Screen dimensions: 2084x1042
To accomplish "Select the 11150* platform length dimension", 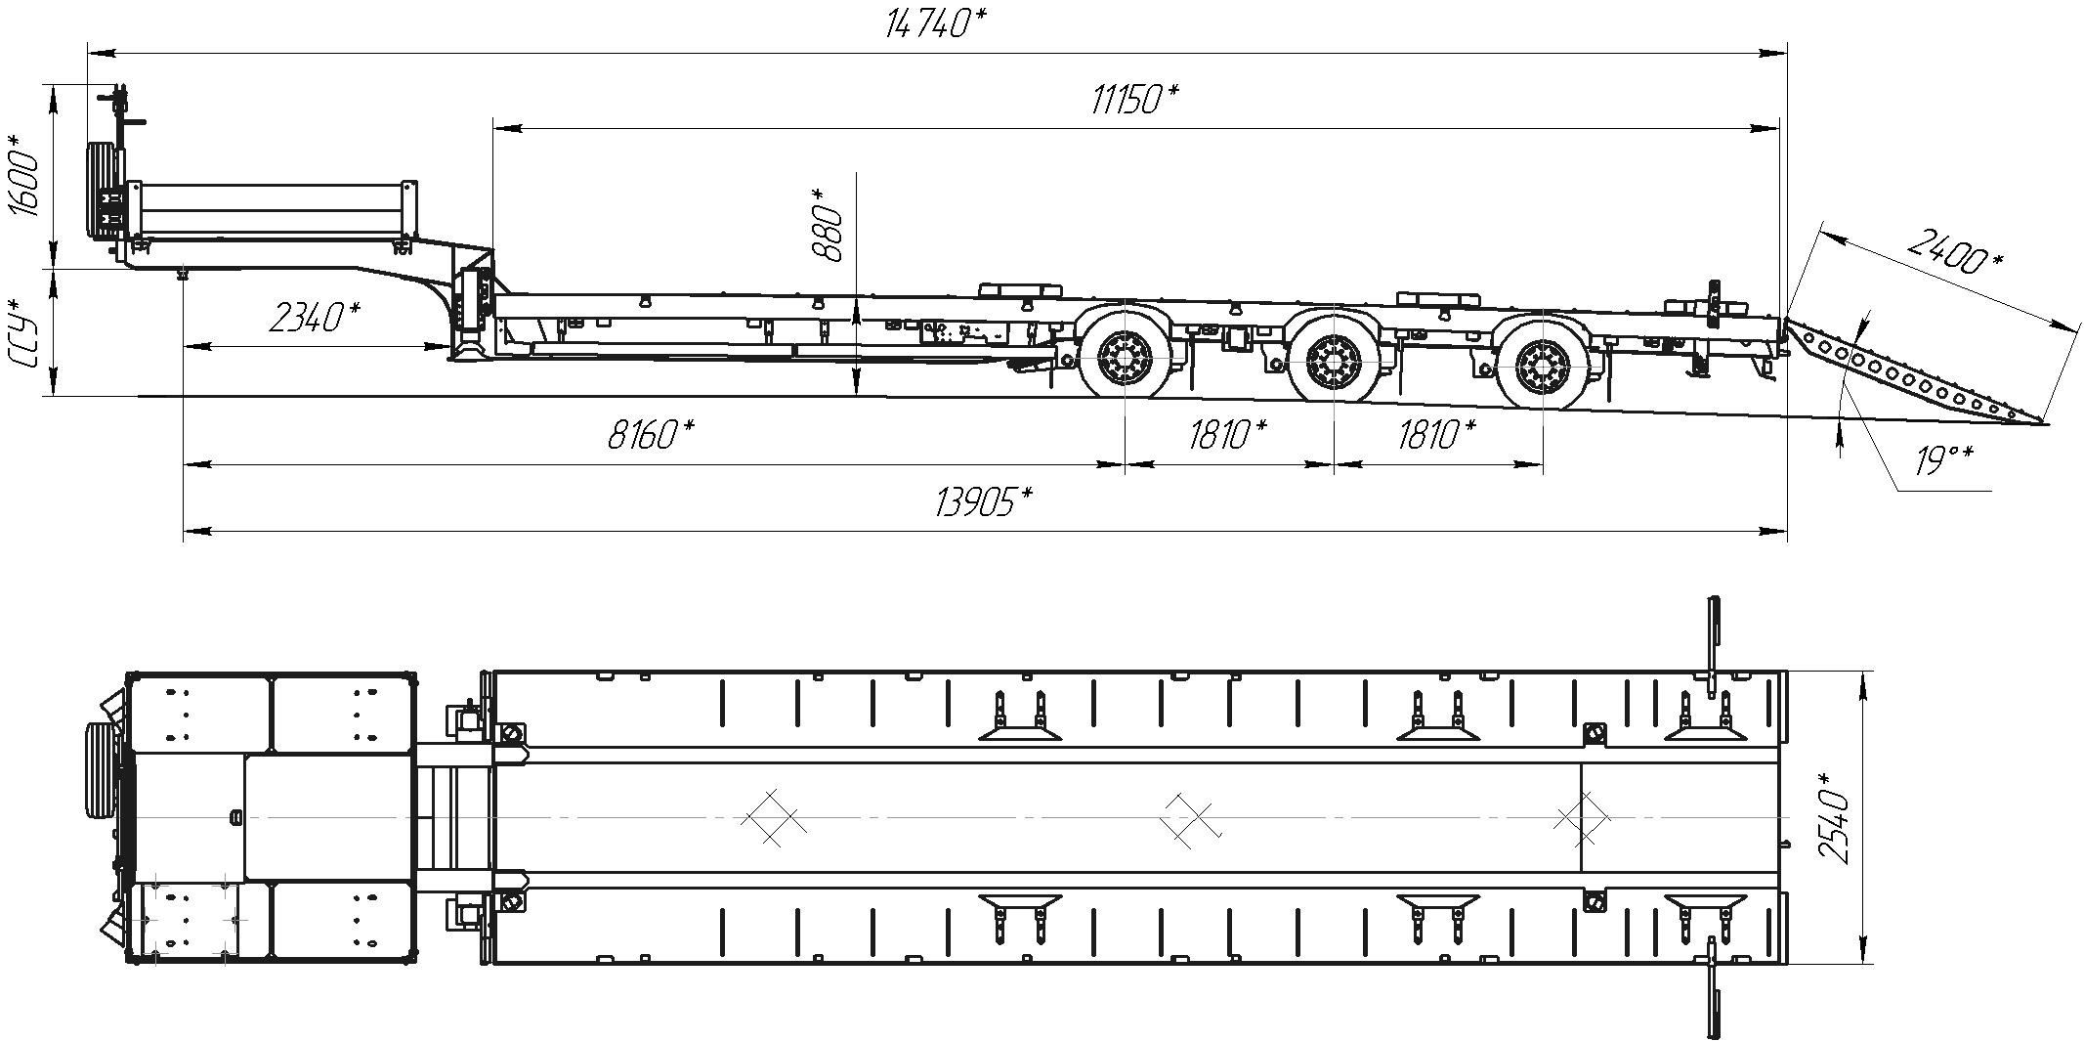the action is tap(1134, 99).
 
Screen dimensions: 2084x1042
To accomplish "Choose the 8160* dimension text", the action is tap(651, 433).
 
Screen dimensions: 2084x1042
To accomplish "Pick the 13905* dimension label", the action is tap(984, 502).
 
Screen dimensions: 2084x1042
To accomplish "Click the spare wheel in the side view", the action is tap(101, 192).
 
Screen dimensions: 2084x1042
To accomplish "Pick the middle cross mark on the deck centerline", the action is tap(1190, 817).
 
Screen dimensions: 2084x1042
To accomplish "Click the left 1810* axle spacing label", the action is tap(1228, 433).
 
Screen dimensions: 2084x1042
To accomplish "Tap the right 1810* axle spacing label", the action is tap(1437, 433).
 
